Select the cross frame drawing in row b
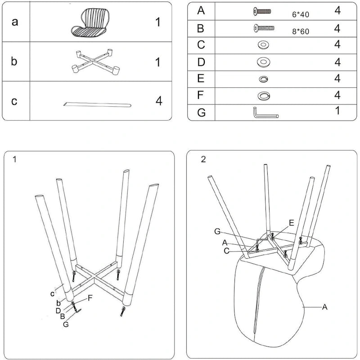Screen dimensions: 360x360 [95, 61]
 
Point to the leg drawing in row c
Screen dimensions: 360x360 [97, 104]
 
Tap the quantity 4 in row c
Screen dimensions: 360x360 [158, 101]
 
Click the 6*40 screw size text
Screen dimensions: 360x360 [301, 15]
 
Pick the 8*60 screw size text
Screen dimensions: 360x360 [301, 32]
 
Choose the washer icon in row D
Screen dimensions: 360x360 [262, 62]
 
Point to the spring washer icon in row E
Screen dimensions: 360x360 [263, 79]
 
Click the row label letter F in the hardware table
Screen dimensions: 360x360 [201, 95]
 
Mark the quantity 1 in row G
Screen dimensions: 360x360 [337, 110]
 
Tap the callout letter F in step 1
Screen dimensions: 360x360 [90, 297]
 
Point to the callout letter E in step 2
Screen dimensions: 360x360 [292, 222]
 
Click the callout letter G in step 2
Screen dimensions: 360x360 [217, 231]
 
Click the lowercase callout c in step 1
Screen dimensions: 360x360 [53, 294]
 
